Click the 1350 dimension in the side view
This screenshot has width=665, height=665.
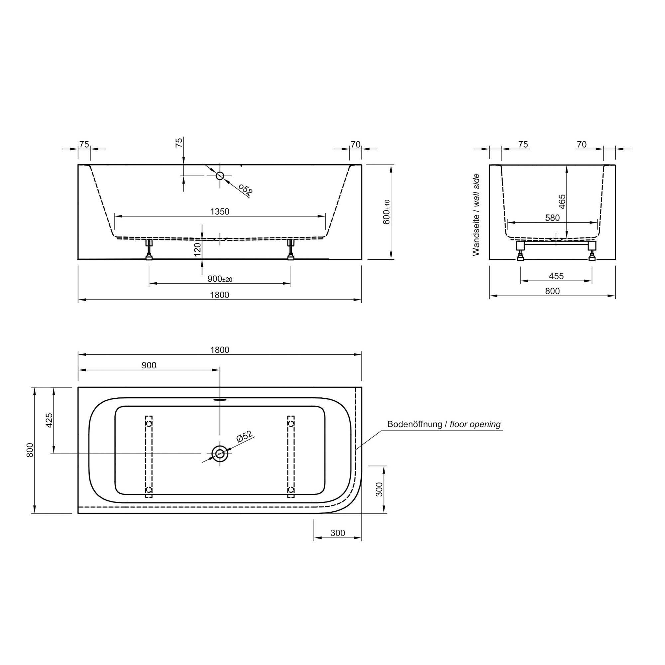click(219, 211)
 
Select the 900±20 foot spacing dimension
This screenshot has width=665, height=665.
click(219, 279)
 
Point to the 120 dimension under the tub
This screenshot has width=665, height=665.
click(197, 250)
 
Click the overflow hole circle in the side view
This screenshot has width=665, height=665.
click(219, 176)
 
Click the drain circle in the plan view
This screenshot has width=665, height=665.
click(219, 454)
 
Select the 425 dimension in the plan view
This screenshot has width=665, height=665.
click(49, 420)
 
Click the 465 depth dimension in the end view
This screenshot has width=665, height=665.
click(562, 201)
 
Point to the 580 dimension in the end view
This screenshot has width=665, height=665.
click(552, 217)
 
